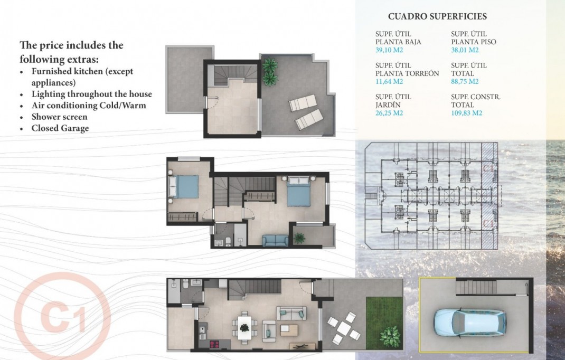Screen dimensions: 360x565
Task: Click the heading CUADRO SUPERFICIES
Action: point(437,17)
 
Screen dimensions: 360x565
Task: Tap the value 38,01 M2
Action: point(465,50)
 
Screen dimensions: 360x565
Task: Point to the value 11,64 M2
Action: point(389,82)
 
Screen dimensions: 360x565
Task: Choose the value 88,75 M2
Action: point(465,82)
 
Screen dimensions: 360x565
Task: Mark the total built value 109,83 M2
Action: point(466,113)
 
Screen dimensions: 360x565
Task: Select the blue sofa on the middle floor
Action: point(276,240)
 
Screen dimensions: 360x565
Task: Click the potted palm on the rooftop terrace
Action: point(270,72)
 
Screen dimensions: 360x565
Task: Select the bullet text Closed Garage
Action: point(60,128)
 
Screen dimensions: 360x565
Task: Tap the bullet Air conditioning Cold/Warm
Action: point(88,105)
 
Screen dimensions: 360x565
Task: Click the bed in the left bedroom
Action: point(183,187)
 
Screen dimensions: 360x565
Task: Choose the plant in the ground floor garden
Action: point(390,335)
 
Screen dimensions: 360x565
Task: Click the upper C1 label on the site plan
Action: point(489,168)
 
